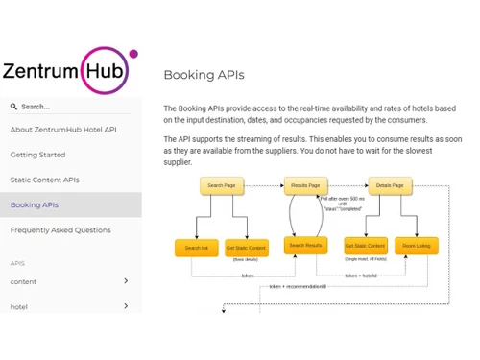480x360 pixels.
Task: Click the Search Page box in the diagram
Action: click(221, 185)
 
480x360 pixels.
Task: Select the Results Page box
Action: click(305, 185)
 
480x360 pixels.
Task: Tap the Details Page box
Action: click(390, 185)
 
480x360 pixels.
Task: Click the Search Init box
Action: click(197, 248)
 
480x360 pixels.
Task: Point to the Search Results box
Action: click(305, 247)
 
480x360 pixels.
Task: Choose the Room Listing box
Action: click(417, 247)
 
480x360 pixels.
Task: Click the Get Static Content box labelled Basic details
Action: click(247, 248)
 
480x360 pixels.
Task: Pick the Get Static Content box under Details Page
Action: click(365, 247)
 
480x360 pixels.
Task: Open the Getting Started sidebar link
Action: click(38, 155)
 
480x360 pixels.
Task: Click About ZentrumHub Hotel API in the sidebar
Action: click(63, 130)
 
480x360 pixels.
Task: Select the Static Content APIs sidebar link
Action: click(45, 180)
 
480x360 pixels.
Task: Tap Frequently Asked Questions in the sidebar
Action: click(60, 230)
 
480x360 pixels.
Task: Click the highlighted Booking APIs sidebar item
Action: click(35, 204)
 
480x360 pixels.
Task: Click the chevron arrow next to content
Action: click(126, 281)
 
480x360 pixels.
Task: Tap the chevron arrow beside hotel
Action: click(126, 306)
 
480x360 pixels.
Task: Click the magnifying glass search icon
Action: click(13, 107)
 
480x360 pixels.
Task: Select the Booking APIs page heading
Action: click(204, 75)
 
